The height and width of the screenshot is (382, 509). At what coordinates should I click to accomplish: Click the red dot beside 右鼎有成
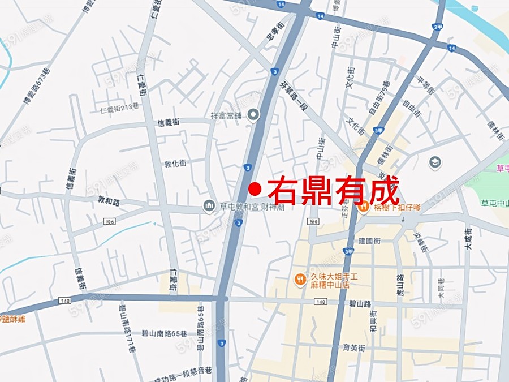(x=255, y=188)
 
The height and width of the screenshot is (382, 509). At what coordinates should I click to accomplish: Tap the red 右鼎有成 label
(x=333, y=190)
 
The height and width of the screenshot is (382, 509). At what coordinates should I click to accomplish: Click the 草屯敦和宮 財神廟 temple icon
(x=209, y=206)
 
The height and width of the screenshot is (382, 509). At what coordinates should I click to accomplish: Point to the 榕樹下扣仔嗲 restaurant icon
(x=363, y=207)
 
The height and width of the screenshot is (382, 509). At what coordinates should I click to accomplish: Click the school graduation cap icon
(x=435, y=163)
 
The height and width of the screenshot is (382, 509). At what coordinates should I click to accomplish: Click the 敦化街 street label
(x=175, y=163)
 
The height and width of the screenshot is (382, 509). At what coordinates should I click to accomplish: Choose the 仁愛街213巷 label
(x=119, y=110)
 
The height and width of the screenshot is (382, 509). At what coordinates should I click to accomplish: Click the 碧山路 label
(x=360, y=304)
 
